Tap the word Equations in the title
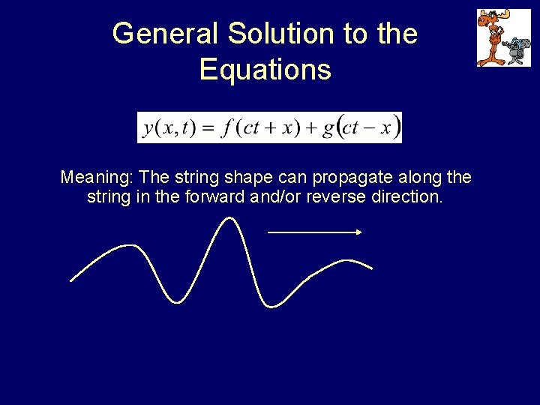[265, 70]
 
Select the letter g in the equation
[328, 128]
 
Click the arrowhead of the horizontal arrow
[359, 232]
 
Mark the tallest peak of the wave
[230, 220]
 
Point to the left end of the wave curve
[72, 280]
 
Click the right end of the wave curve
[371, 267]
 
